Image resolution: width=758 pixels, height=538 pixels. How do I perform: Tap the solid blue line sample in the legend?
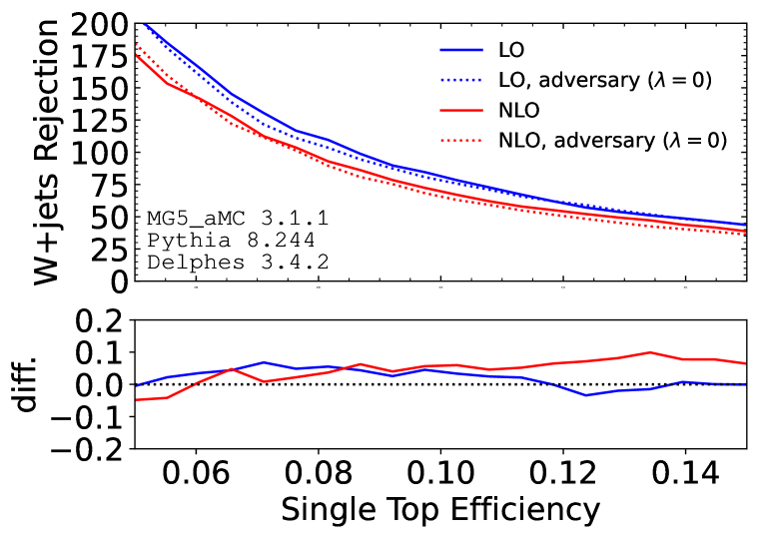tap(461, 49)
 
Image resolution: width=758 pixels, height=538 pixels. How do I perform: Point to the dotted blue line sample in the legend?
tap(461, 80)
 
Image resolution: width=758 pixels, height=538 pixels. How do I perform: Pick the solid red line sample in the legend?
tap(461, 110)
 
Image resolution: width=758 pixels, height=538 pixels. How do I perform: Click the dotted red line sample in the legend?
tap(461, 141)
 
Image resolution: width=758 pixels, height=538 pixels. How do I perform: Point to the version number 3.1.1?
tap(294, 218)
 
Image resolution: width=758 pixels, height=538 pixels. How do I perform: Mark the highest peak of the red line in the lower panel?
tap(651, 352)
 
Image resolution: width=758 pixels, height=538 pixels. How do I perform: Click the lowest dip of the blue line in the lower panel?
tap(586, 395)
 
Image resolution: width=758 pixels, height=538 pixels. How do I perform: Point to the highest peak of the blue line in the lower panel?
tap(264, 362)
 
